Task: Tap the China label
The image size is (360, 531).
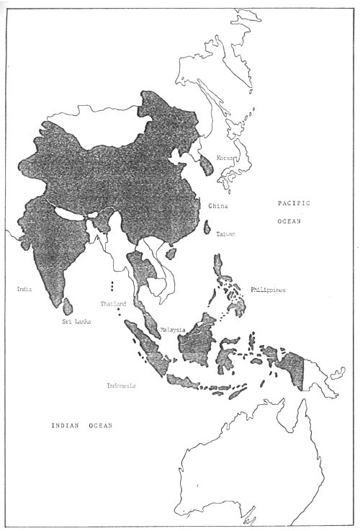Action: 218,206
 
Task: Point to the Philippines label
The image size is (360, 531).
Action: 269,290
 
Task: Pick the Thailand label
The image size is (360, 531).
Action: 114,304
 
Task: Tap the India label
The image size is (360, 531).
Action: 25,290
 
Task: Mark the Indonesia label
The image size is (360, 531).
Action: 121,386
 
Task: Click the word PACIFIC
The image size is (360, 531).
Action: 294,205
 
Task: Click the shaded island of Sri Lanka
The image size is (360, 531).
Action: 68,307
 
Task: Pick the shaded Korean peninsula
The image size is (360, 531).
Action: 205,165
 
